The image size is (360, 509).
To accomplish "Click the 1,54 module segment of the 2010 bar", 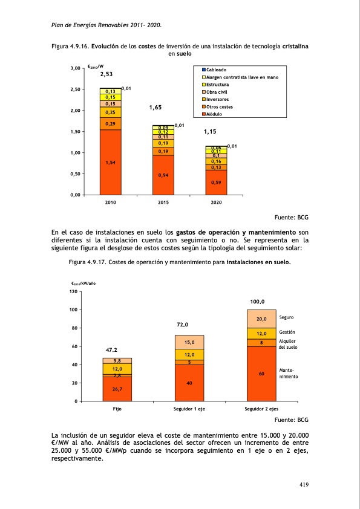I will point(110,163).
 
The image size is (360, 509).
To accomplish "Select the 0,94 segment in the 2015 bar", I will point(163,175).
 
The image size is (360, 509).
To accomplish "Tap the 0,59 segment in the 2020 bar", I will point(215,182).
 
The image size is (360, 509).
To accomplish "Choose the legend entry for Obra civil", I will point(218,92).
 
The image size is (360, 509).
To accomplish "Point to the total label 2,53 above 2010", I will point(106,74).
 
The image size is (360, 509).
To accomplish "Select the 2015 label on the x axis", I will point(163,203).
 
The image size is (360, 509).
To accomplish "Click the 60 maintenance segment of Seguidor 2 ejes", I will point(261,374).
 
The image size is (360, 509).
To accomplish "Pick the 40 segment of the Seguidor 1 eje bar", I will point(189,383).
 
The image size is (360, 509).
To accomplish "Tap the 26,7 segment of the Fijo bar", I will point(117,389).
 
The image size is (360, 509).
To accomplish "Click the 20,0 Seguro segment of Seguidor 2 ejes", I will point(261,319).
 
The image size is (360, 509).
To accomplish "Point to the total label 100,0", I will point(258,301).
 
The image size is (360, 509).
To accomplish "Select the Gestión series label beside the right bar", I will point(287,332).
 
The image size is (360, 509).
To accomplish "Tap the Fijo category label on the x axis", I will point(117,409).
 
